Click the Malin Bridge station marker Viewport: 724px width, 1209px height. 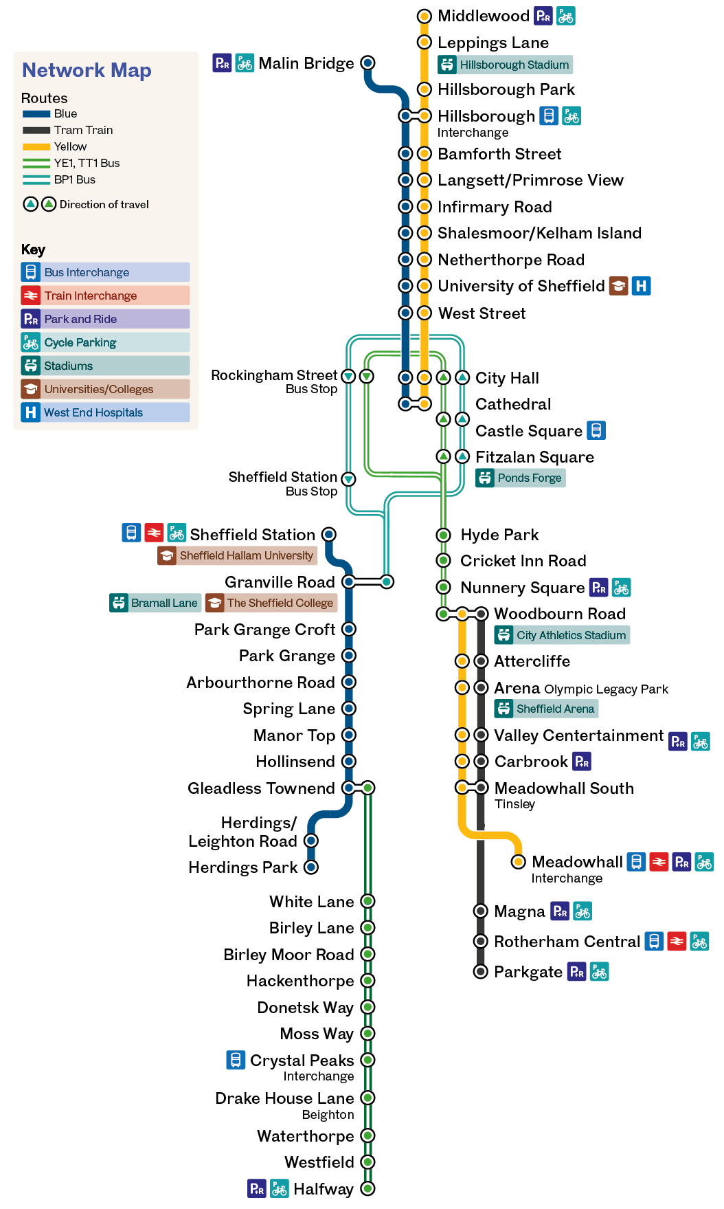click(368, 63)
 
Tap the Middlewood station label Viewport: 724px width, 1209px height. click(484, 16)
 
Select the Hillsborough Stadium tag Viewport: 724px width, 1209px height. click(505, 65)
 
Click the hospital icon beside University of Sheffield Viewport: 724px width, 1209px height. click(641, 286)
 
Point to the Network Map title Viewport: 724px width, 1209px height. click(87, 70)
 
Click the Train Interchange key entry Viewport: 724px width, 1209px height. click(105, 296)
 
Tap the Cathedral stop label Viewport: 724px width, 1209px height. click(513, 404)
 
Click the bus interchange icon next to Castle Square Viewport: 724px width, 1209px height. click(596, 430)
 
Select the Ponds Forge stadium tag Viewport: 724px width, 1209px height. click(521, 478)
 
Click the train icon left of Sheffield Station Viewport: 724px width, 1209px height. click(154, 533)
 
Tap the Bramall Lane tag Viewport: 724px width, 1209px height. click(155, 603)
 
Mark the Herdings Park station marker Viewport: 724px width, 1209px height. click(311, 867)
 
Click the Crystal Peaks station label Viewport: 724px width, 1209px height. click(302, 1061)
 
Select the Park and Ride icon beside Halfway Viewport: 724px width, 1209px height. click(257, 1188)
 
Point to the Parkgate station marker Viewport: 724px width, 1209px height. click(481, 971)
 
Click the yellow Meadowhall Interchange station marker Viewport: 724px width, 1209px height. click(519, 862)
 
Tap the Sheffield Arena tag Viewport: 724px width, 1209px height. click(546, 709)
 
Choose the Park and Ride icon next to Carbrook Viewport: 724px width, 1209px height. click(582, 762)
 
